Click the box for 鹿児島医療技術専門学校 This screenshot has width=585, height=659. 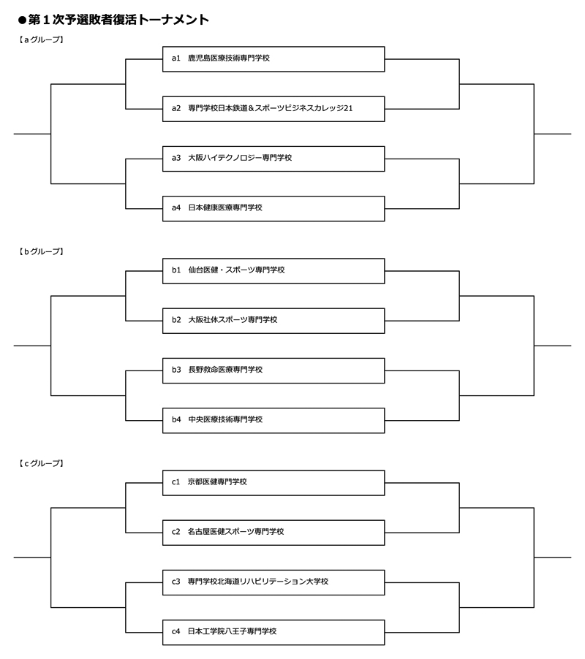(x=273, y=58)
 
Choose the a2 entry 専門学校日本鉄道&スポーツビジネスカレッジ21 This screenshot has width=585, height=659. (x=273, y=108)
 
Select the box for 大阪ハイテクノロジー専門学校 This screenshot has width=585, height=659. (x=273, y=158)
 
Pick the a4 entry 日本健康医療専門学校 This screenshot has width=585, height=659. (x=273, y=207)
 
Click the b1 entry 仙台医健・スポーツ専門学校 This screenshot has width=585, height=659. (x=273, y=270)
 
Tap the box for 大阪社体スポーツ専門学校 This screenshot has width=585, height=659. (x=273, y=320)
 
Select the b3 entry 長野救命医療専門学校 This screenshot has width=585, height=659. (x=273, y=370)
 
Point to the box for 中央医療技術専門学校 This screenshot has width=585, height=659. (x=273, y=419)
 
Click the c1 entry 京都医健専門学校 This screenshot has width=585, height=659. (x=273, y=482)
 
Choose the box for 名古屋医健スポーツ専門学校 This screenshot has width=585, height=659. (x=273, y=532)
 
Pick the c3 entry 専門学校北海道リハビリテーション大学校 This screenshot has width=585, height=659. (x=273, y=582)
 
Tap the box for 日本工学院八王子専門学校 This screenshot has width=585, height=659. (x=273, y=631)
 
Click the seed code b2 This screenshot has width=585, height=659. (x=176, y=320)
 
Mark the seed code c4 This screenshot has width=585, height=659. (x=176, y=631)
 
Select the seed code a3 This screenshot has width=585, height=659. (x=176, y=158)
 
